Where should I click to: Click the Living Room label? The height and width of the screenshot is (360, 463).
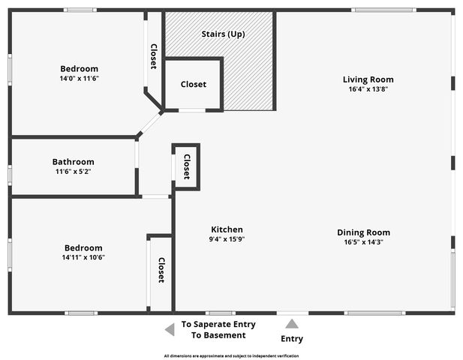click(x=368, y=79)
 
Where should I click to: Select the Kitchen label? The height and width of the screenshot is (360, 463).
click(x=227, y=229)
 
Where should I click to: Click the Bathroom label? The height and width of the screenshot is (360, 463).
click(x=73, y=161)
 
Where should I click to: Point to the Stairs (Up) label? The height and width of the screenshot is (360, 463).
click(x=223, y=34)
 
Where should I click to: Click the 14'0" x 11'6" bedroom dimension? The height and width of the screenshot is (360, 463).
click(x=80, y=78)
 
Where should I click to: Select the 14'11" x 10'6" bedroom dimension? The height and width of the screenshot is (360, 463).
click(x=83, y=257)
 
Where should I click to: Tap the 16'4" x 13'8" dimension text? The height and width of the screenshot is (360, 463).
click(x=368, y=88)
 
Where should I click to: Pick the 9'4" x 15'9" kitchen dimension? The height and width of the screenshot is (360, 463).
click(x=227, y=239)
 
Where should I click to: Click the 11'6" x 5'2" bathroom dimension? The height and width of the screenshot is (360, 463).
click(x=73, y=171)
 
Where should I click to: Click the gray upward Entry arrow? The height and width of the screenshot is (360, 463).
click(x=292, y=324)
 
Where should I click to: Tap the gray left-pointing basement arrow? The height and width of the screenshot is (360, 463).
click(x=169, y=329)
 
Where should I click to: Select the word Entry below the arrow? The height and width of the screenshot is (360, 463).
click(x=292, y=339)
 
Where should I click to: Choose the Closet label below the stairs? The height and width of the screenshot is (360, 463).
click(x=193, y=85)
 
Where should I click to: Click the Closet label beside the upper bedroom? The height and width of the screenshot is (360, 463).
click(x=154, y=56)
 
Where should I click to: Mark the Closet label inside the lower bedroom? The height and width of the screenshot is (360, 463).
click(x=161, y=270)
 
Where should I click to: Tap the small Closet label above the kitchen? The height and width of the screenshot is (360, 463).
click(x=186, y=166)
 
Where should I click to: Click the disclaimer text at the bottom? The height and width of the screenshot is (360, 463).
click(x=231, y=355)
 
